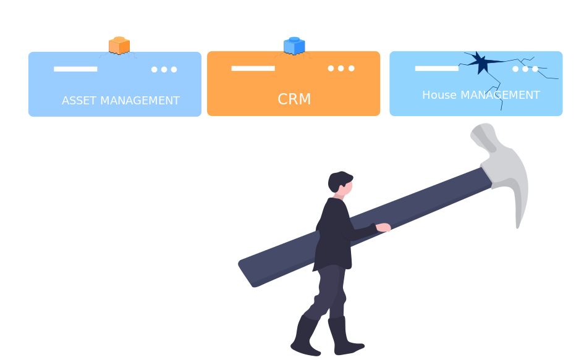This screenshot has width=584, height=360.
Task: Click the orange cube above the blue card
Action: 119,46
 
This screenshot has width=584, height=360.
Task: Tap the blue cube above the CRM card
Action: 294,46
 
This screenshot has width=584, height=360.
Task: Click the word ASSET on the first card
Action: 80,101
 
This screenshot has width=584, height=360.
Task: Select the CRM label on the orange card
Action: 294,99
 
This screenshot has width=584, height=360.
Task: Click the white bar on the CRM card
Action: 253,68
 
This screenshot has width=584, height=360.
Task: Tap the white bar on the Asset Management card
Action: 75,69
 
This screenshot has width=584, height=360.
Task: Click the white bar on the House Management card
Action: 436,68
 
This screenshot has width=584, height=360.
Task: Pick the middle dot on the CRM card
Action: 341,69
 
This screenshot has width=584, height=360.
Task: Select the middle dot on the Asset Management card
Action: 164,69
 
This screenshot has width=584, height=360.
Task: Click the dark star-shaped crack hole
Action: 480,62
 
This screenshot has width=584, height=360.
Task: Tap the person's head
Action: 341,182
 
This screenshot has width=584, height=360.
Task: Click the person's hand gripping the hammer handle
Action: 384,228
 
